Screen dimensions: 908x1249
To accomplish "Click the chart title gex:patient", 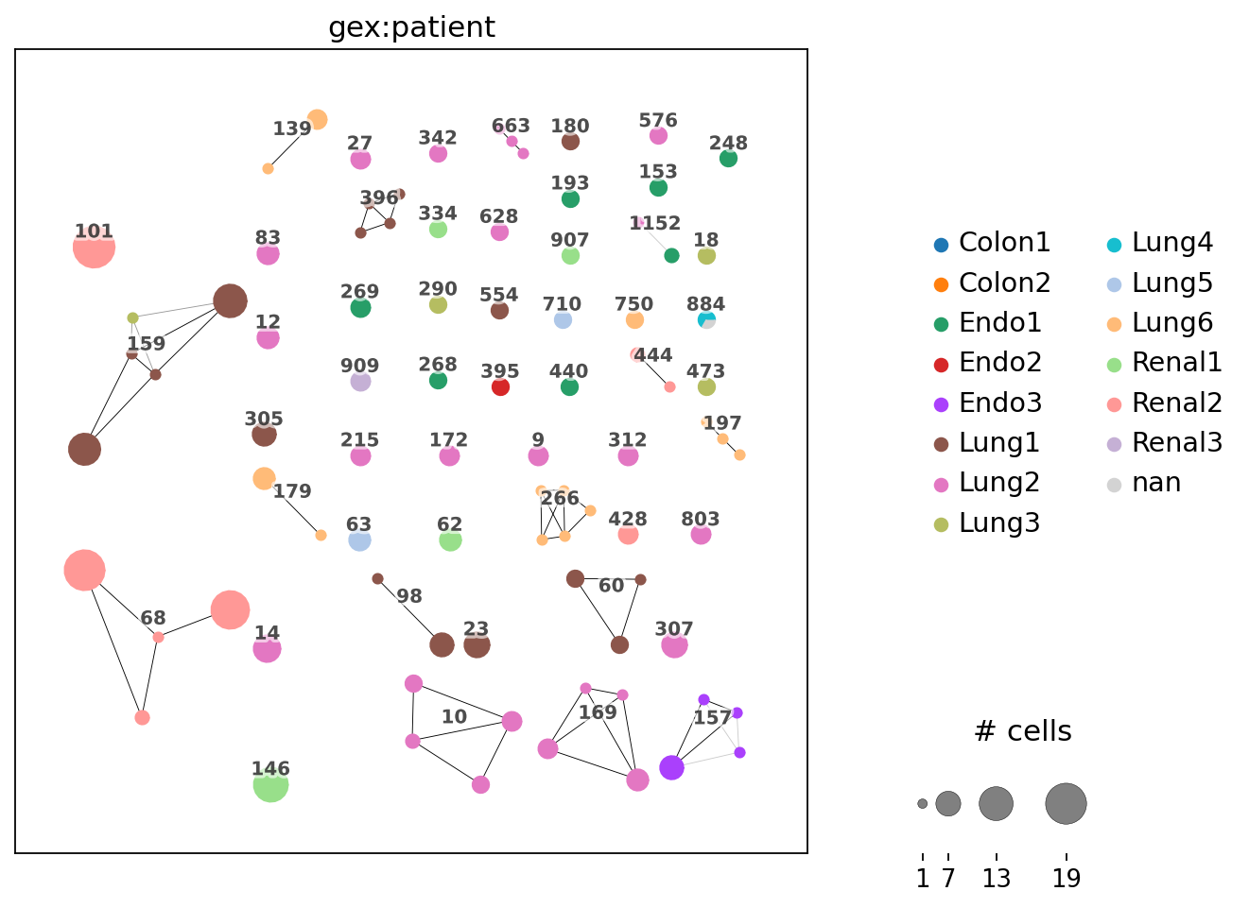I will [411, 27].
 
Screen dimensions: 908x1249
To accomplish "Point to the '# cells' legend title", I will [1022, 731].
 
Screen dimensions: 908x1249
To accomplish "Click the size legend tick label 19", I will [1066, 879].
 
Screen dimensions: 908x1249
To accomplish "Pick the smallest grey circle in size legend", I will [922, 804].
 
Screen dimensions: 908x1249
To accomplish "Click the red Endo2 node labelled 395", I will [501, 386].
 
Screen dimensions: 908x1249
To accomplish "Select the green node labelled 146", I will [270, 784].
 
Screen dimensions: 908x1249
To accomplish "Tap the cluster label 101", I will [94, 231].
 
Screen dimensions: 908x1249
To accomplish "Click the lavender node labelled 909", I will [360, 382].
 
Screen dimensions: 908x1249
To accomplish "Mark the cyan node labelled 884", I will [705, 319].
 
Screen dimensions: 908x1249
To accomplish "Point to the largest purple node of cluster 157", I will [671, 768].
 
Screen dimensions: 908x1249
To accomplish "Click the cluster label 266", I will [560, 499].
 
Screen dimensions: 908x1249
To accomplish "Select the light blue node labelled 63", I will [359, 540].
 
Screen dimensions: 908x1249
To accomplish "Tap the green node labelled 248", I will [728, 159].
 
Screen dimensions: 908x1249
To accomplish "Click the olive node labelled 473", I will [706, 386].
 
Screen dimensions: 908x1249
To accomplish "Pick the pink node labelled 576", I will [658, 136].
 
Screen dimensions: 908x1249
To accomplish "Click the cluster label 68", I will [153, 619].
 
